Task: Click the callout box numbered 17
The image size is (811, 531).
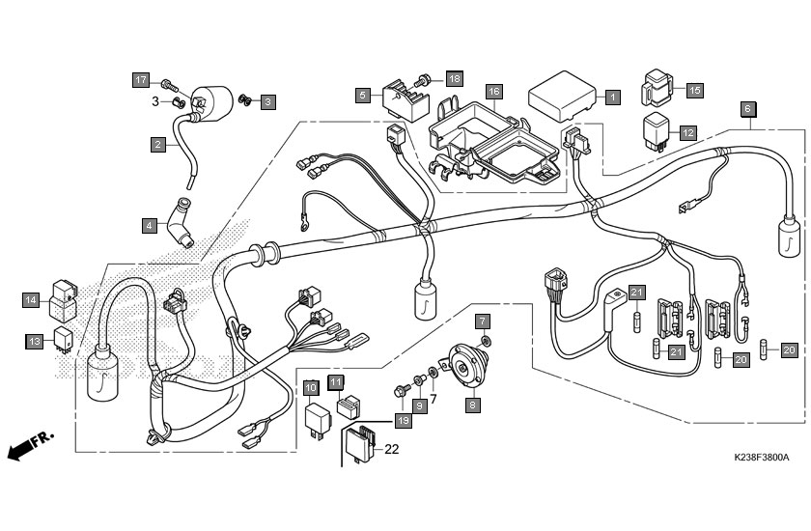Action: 141,80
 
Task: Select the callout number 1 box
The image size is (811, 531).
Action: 612,97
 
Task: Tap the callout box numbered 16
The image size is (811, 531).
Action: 494,92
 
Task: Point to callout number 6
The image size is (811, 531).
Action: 747,109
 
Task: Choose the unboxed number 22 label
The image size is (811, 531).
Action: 392,449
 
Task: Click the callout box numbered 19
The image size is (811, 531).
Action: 403,421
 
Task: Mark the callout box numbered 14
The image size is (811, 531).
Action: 31,300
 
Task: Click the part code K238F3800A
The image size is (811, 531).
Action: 762,457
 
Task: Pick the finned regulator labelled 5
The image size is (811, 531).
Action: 405,99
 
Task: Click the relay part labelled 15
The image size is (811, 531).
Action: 657,88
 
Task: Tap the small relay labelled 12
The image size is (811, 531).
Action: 657,131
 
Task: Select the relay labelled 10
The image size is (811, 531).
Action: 317,419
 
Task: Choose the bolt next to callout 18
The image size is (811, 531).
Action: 423,81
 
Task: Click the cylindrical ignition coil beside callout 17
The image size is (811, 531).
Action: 212,103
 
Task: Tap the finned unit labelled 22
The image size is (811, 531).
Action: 358,442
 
